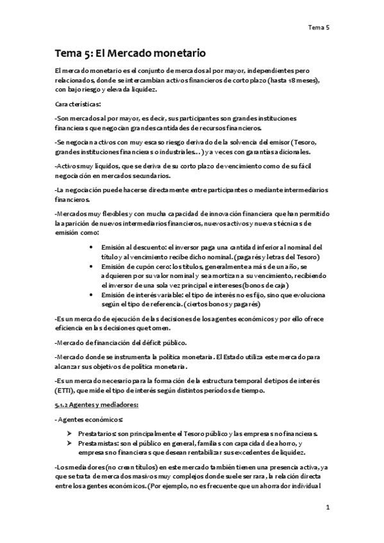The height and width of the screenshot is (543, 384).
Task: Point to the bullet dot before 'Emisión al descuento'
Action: [94, 247]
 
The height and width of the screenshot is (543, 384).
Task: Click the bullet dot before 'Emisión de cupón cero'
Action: [94, 266]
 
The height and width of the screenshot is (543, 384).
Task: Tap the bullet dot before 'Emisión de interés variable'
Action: [94, 295]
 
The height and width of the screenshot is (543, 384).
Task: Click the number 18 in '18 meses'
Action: [278, 80]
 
